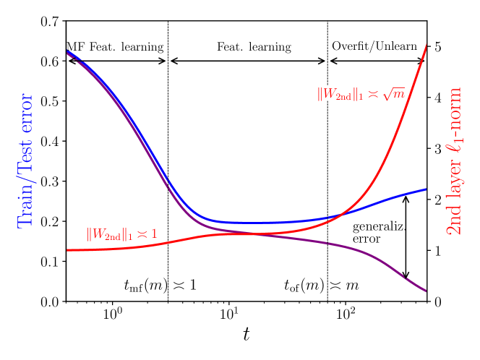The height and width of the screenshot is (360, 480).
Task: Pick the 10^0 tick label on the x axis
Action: click(111, 315)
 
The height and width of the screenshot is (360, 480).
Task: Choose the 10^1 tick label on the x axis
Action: click(228, 315)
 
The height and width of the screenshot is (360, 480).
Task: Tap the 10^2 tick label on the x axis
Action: click(346, 315)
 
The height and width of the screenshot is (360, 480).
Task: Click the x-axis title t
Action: click(246, 335)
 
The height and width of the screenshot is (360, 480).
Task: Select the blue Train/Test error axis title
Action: click(26, 160)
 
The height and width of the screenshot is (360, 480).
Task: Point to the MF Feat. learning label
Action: click(115, 47)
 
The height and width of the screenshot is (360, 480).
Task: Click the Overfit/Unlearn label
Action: click(374, 47)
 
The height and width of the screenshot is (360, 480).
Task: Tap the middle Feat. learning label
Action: click(254, 48)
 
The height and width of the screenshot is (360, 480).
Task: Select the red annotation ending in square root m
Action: click(360, 94)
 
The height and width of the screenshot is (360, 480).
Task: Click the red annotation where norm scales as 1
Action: click(121, 234)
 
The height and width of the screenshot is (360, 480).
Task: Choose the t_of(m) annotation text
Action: click(322, 286)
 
